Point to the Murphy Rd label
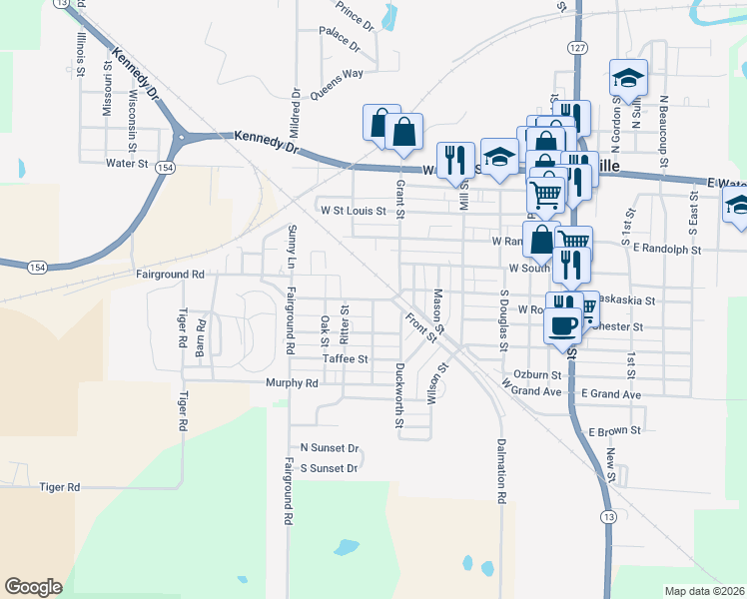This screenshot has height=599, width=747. [292, 382]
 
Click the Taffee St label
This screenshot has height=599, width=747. [346, 358]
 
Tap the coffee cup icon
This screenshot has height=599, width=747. [562, 325]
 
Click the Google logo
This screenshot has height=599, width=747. [33, 587]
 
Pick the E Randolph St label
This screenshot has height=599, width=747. [668, 248]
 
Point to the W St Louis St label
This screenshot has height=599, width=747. [353, 211]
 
